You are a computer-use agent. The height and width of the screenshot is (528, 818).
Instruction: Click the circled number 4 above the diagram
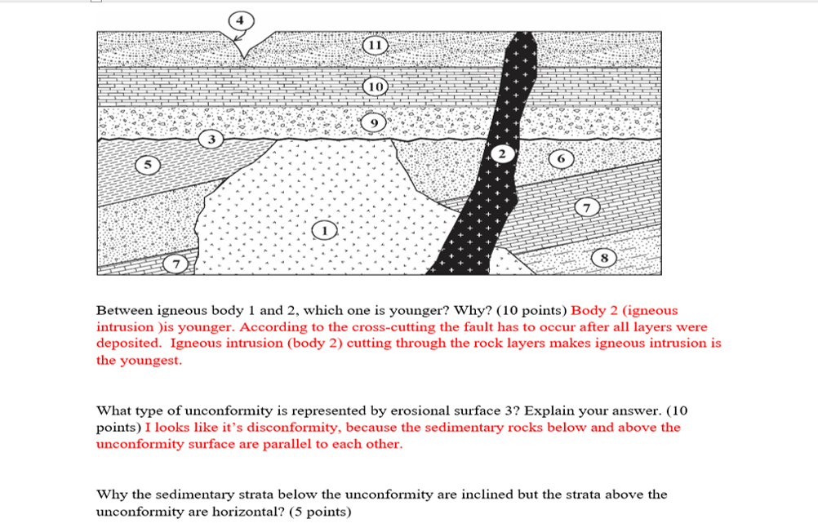coord(240,19)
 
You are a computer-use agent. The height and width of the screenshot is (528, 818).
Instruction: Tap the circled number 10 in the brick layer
coord(376,86)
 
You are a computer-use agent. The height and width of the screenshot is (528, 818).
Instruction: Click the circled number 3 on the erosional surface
coord(211,140)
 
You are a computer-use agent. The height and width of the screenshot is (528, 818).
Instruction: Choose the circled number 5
coord(149,165)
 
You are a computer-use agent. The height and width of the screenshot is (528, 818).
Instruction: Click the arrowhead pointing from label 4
coord(237,38)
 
